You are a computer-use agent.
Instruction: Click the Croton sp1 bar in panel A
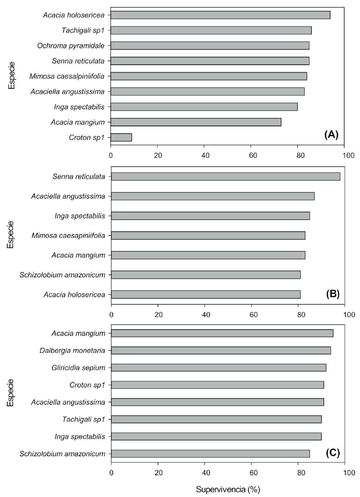coord(121,137)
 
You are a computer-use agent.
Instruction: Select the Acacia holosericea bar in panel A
coord(220,15)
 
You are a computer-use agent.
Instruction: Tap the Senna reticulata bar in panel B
coord(225,177)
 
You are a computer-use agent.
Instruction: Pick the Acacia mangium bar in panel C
coord(222,333)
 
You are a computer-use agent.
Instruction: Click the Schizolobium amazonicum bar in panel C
coord(210,454)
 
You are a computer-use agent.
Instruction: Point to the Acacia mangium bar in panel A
coord(196,122)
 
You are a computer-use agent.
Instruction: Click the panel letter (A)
coord(331,135)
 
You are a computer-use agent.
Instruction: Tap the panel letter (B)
coord(332,294)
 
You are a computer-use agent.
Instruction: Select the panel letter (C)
coord(333,453)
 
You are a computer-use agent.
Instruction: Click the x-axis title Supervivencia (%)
coord(228,489)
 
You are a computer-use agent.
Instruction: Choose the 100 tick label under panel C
coord(349,473)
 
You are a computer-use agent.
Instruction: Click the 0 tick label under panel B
coord(111,315)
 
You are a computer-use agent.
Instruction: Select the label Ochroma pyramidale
coord(71,46)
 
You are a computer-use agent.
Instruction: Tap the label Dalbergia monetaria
coord(72,351)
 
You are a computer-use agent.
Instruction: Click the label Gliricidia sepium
coord(78,368)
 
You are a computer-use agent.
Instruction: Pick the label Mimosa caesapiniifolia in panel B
coord(69,235)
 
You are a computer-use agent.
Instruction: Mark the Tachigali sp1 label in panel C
coord(84,419)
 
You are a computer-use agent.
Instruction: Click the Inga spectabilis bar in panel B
coord(210,216)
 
